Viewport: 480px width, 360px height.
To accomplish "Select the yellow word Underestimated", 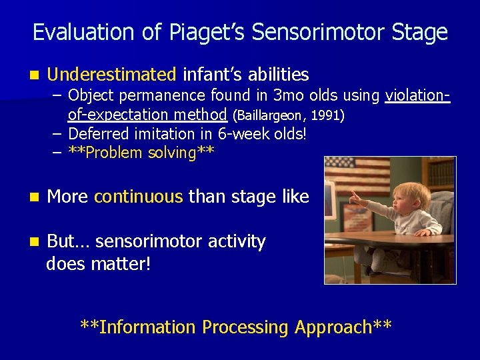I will (x=111, y=74).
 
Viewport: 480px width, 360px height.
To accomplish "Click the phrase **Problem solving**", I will (x=141, y=153).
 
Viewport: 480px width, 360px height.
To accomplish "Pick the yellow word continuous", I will (x=139, y=197).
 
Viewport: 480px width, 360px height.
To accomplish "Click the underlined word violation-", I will (x=418, y=96).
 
